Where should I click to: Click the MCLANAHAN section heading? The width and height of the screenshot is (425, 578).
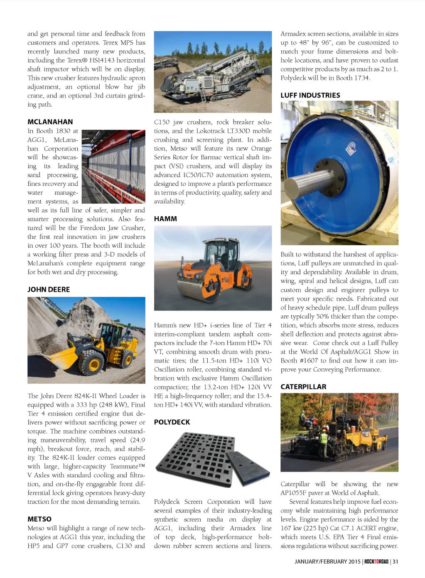click(50, 122)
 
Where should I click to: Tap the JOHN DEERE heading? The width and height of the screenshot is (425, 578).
click(49, 289)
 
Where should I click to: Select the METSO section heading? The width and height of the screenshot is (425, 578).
click(39, 519)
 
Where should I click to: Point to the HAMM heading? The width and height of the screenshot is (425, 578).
click(165, 219)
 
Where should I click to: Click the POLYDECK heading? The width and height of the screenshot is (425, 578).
click(172, 422)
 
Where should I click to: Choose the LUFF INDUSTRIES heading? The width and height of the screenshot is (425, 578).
click(310, 95)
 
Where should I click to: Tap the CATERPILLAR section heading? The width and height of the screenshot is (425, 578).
click(303, 386)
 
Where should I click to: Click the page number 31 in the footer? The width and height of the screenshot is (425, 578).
click(395, 561)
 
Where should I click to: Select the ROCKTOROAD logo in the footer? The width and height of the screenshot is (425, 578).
click(376, 561)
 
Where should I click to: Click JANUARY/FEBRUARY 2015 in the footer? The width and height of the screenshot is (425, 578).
click(327, 561)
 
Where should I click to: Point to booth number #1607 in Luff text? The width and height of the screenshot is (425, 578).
click(308, 361)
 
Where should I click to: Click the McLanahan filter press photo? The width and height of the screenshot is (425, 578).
click(113, 166)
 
